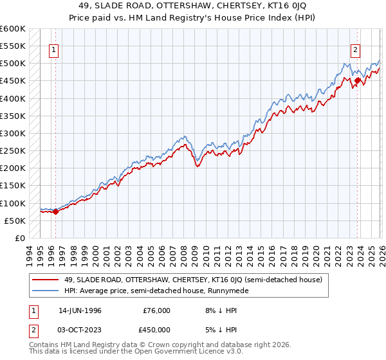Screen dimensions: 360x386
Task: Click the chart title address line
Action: (x=192, y=6)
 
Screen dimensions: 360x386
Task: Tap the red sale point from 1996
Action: (x=55, y=211)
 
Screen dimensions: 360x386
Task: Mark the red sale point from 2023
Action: (x=358, y=81)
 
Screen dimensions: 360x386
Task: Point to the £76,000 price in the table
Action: (x=156, y=310)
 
